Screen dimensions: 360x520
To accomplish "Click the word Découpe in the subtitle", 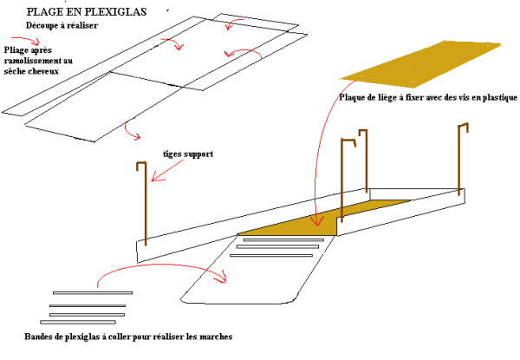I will click(42, 26).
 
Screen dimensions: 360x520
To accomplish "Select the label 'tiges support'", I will click(188, 154).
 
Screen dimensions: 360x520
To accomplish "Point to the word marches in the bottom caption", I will click(213, 337).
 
